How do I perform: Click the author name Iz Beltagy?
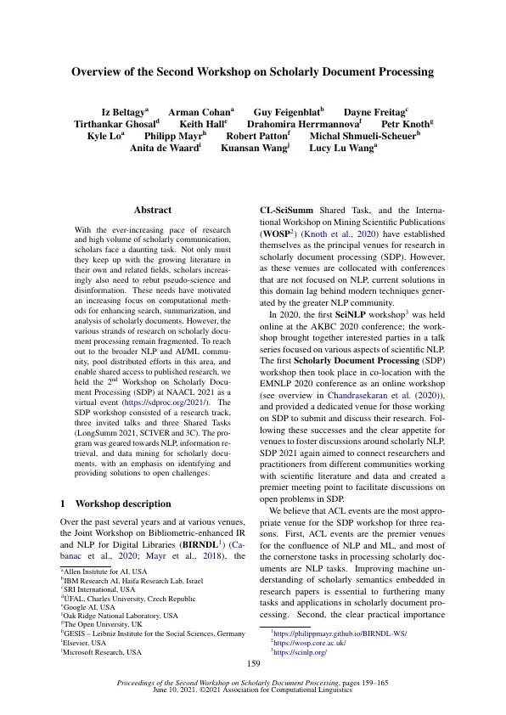(123, 113)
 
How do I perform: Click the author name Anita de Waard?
(164, 148)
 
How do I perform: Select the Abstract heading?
(153, 210)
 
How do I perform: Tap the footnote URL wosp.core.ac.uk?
(305, 643)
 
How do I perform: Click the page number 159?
(252, 665)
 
